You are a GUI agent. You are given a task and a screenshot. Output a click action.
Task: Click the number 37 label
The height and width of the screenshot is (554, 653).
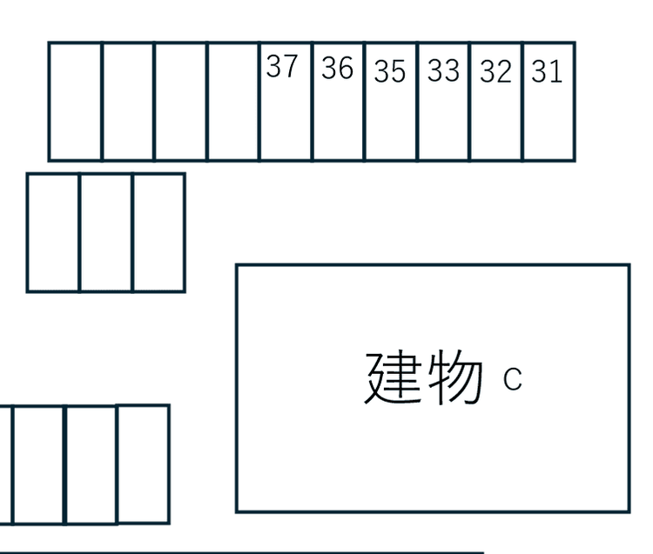[x=282, y=66]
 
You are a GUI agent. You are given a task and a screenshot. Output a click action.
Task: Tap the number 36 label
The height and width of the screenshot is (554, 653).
[x=337, y=68]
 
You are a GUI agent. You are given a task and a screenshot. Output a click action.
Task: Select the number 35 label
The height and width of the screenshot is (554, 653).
[x=390, y=71]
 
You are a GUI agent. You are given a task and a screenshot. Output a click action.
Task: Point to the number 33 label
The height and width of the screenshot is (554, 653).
[x=443, y=70]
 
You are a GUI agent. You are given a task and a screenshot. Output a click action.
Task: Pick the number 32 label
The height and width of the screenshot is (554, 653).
[x=495, y=71]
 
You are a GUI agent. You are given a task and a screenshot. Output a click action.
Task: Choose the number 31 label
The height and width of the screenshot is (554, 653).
[x=547, y=71]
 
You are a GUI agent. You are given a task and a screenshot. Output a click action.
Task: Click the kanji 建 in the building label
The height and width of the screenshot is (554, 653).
[x=394, y=377]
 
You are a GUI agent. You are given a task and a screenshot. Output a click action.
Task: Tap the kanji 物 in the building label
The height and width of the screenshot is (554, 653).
[x=455, y=377]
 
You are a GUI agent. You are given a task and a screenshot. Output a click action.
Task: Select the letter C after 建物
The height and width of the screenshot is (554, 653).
[x=512, y=379]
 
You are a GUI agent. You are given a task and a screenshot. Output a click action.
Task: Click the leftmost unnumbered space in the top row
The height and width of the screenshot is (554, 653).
[x=76, y=102]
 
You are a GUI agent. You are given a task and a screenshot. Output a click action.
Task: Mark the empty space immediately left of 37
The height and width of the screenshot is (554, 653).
[x=232, y=102]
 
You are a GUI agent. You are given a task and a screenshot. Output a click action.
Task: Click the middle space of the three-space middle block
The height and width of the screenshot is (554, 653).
[x=105, y=233]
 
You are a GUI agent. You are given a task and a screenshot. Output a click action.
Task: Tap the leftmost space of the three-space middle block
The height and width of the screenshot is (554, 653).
[x=53, y=233]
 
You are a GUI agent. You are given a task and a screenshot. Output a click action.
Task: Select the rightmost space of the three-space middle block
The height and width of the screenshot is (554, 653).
[x=158, y=233]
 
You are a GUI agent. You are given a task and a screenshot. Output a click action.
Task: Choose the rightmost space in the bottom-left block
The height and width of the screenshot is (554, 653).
[x=144, y=464]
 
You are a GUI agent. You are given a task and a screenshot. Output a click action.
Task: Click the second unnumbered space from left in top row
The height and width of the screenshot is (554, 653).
[x=128, y=102]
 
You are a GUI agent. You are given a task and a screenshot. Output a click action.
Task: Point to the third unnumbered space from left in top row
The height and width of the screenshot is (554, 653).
[x=180, y=102]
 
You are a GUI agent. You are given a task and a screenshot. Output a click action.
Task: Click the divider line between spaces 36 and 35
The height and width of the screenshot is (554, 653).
[x=365, y=102]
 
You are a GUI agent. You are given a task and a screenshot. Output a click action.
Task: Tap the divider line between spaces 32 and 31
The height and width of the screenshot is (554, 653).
[x=522, y=102]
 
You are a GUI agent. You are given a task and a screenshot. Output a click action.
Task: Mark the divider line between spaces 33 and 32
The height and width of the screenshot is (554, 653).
[x=470, y=102]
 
